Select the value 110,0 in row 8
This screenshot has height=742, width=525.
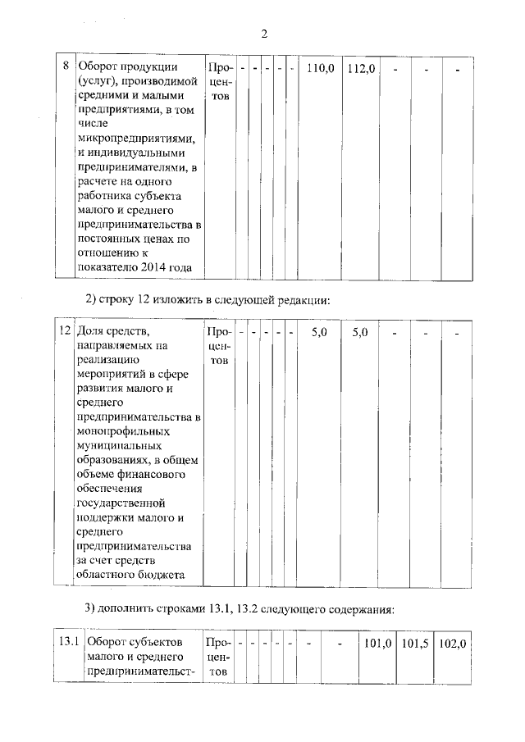(320, 68)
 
